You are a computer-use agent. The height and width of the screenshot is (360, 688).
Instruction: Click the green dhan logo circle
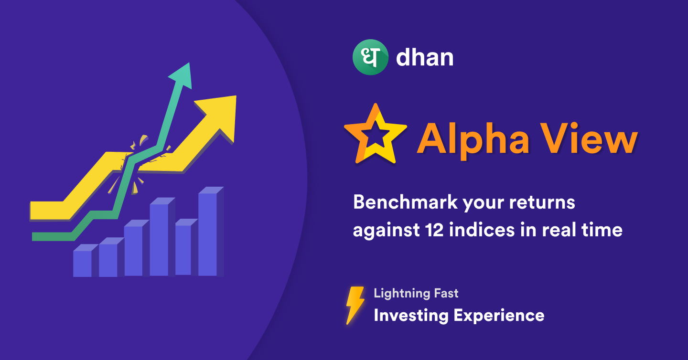pos(370,57)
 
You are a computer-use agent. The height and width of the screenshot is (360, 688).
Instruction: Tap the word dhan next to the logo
pos(425,57)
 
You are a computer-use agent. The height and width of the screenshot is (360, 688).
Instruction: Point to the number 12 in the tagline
pos(434,230)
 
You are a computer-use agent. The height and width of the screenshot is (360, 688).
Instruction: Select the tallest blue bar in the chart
pos(211,232)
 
